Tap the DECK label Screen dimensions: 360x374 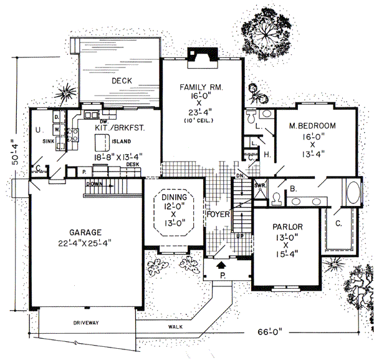point(121,81)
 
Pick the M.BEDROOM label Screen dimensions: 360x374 point(312,126)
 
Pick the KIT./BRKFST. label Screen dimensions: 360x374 point(111,127)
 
